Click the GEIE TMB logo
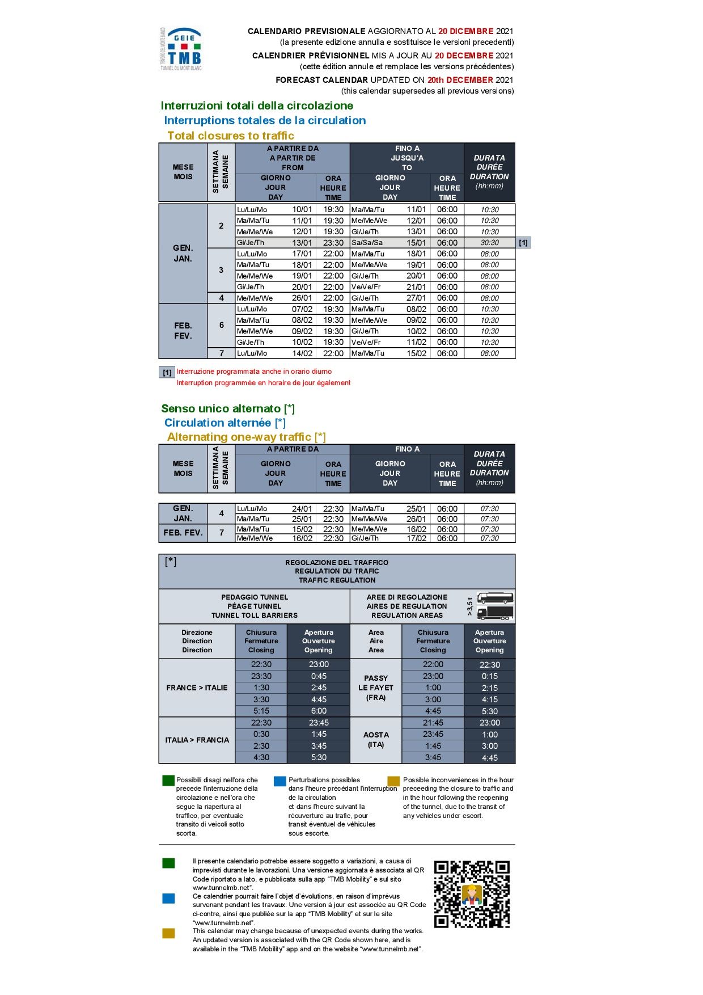point(181,49)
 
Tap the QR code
point(472,894)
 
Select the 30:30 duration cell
point(489,243)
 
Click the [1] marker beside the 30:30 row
point(523,243)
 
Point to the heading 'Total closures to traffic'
point(231,136)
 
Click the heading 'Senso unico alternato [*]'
point(228,408)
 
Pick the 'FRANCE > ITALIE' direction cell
point(197,688)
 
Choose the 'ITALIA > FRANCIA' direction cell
point(197,740)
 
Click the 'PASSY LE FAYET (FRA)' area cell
point(376,688)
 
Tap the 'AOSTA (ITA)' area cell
point(376,740)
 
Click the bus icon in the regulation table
point(495,598)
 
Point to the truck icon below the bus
point(495,613)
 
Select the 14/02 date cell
point(302,353)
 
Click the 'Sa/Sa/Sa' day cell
point(367,243)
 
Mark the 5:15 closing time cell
point(261,711)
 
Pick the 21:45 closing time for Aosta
point(433,723)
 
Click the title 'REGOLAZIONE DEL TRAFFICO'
point(337,563)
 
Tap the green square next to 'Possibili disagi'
point(168,781)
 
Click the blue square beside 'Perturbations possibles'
point(279,781)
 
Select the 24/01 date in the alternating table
point(302,509)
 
